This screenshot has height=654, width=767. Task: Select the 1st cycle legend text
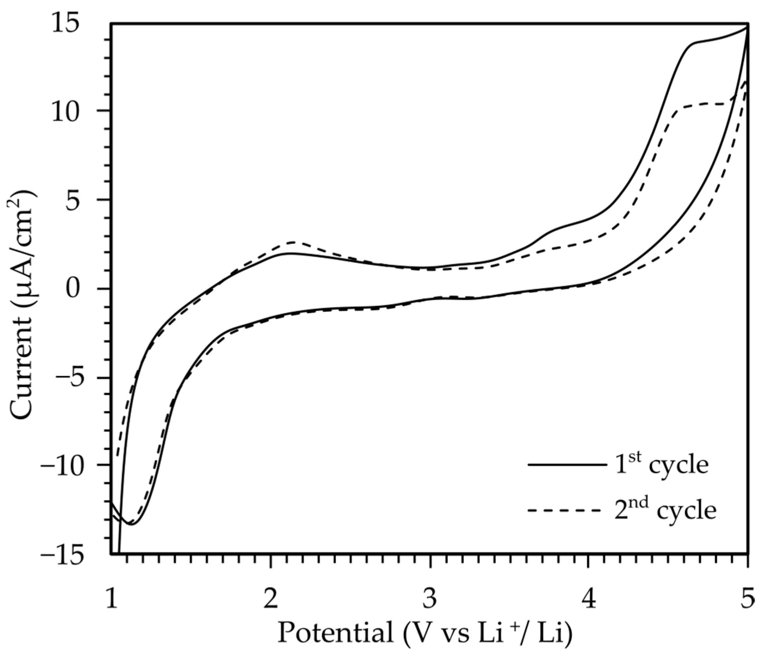pyautogui.click(x=661, y=464)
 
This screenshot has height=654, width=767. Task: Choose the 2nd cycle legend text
pyautogui.click(x=665, y=510)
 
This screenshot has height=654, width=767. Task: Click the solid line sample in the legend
pyautogui.click(x=567, y=465)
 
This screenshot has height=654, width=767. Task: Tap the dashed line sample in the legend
pyautogui.click(x=567, y=510)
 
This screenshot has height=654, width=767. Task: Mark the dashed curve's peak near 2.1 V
pyautogui.click(x=293, y=242)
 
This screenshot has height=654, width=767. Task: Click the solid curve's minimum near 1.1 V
pyautogui.click(x=131, y=524)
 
